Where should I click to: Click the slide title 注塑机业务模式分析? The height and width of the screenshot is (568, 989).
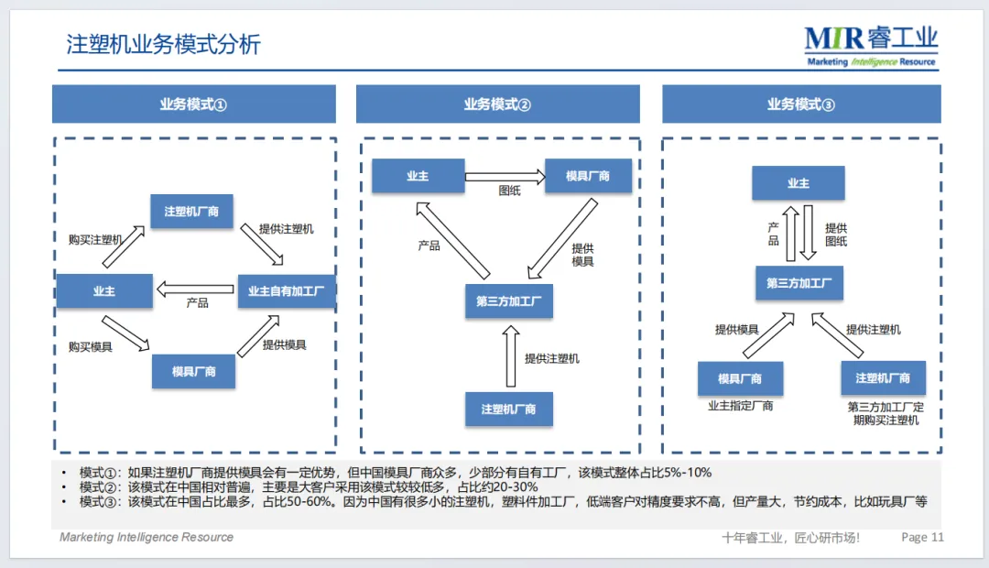(163, 44)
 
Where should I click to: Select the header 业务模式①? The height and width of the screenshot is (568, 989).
(193, 104)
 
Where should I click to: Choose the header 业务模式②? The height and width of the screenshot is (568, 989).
(497, 104)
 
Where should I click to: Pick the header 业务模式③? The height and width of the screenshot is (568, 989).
(801, 104)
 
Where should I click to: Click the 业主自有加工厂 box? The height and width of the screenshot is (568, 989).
(287, 291)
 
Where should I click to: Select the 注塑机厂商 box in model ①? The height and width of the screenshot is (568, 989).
(191, 212)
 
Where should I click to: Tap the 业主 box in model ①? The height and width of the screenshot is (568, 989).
(104, 291)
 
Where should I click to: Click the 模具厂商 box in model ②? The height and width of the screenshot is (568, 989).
(588, 176)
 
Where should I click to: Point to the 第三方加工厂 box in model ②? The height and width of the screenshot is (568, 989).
(508, 301)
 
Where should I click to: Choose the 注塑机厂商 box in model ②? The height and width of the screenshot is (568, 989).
(509, 409)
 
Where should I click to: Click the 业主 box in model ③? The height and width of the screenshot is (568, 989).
(798, 183)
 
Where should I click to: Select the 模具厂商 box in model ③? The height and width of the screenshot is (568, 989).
(740, 378)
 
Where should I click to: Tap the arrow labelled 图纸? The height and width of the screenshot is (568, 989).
(504, 176)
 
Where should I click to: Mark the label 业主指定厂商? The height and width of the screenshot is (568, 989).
(740, 405)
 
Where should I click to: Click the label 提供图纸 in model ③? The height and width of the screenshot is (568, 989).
(836, 235)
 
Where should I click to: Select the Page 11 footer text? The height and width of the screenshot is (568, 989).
(922, 538)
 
